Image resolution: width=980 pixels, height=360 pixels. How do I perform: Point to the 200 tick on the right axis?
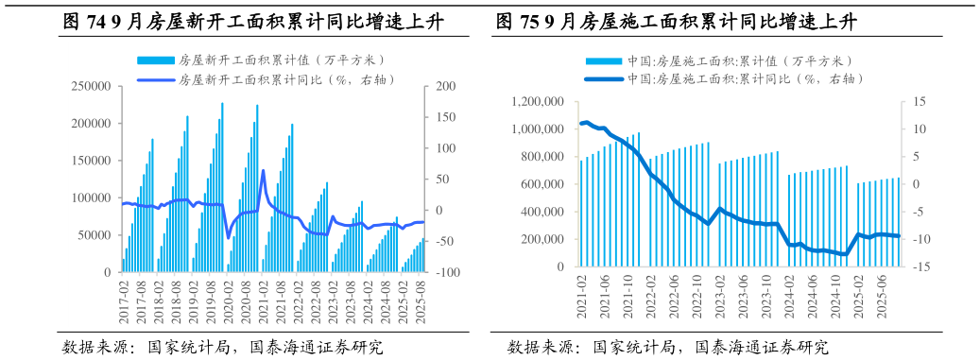point(445,87)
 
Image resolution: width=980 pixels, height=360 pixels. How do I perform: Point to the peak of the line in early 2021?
point(263,171)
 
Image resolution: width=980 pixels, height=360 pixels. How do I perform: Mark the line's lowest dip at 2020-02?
point(229,237)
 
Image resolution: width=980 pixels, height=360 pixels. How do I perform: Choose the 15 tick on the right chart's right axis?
point(920,102)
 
